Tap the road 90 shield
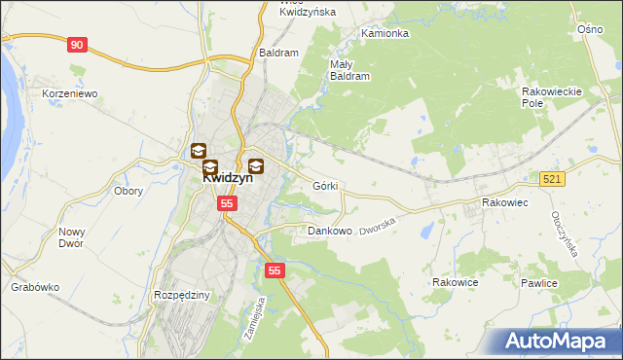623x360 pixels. pyautogui.click(x=78, y=45)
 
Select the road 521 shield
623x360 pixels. pyautogui.click(x=553, y=179)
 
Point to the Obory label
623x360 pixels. pyautogui.click(x=128, y=191)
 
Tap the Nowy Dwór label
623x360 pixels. pyautogui.click(x=73, y=237)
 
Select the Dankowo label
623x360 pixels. pyautogui.click(x=329, y=232)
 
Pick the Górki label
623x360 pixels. pyautogui.click(x=325, y=186)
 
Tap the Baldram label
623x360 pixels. pyautogui.click(x=278, y=53)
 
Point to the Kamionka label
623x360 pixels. pyautogui.click(x=385, y=33)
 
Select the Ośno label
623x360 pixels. pyautogui.click(x=590, y=30)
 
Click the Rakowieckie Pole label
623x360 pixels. pyautogui.click(x=551, y=96)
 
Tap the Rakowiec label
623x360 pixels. pyautogui.click(x=504, y=202)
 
